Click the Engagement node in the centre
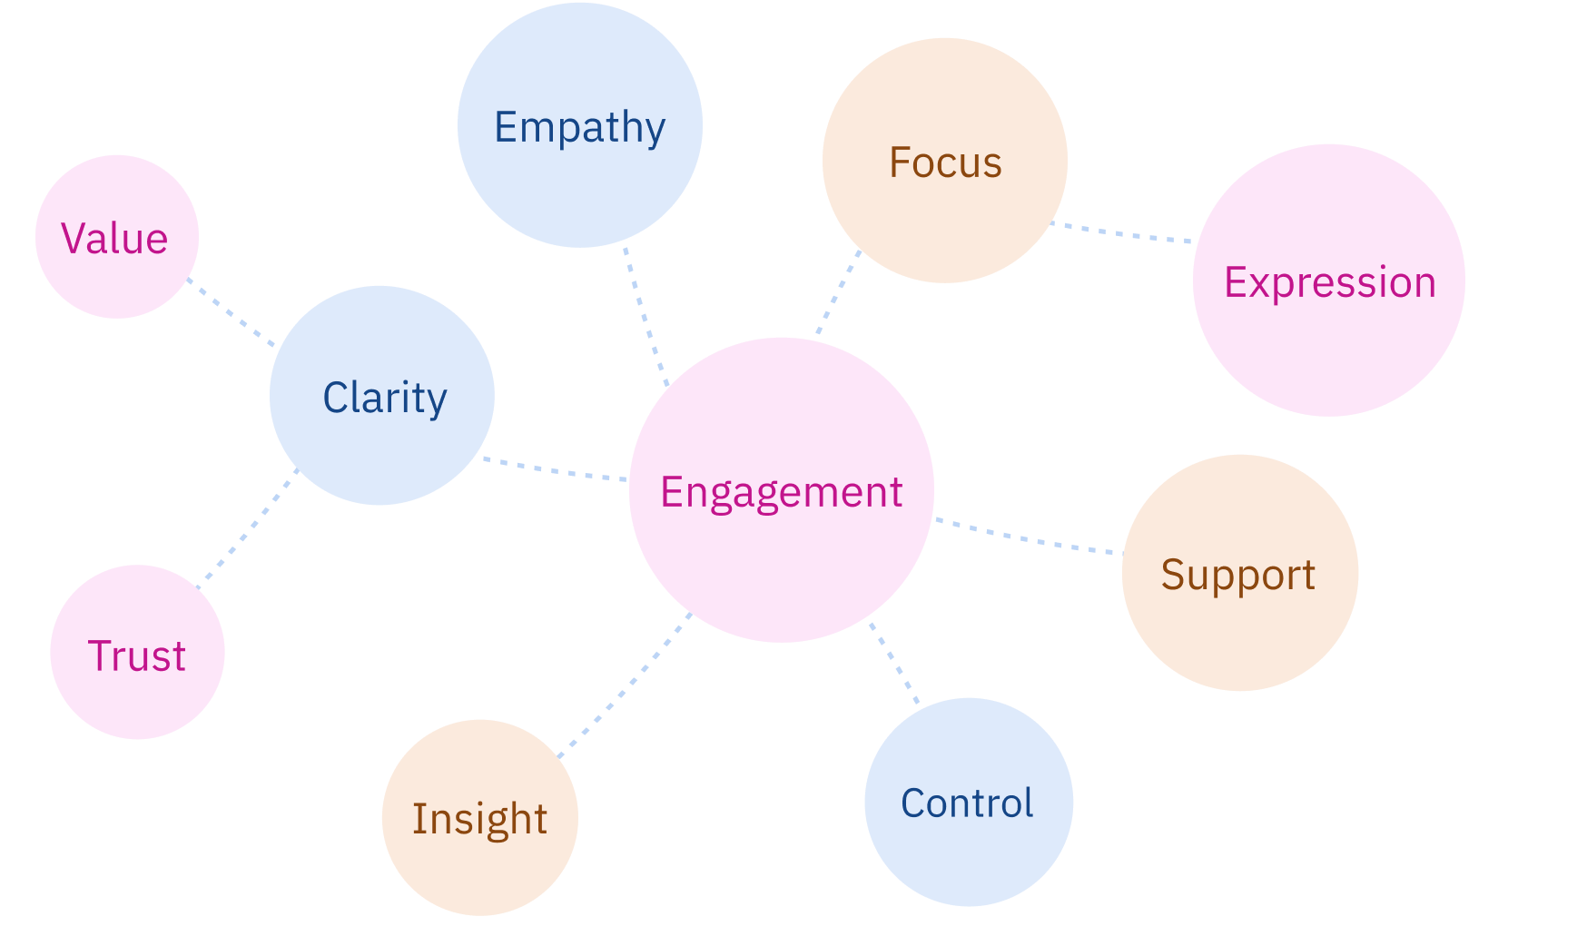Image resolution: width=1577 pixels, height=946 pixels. coord(781,490)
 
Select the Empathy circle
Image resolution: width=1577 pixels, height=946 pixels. coord(579,125)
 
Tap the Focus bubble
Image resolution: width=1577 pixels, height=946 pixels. coord(944,161)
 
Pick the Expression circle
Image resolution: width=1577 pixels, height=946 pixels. coord(1328,281)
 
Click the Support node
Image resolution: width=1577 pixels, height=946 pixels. coord(1239,573)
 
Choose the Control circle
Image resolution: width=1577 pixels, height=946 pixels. coord(968,802)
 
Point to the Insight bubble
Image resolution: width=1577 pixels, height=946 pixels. coord(479,817)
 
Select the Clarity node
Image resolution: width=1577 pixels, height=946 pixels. coord(381,396)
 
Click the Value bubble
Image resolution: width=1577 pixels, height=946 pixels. coord(116,237)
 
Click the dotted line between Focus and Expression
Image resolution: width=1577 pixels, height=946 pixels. coord(1122,233)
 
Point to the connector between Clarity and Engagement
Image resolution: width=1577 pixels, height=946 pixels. coord(556,469)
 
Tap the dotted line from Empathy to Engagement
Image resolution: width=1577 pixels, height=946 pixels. coord(646,317)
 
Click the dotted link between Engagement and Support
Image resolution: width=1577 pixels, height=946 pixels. coord(1028,537)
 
